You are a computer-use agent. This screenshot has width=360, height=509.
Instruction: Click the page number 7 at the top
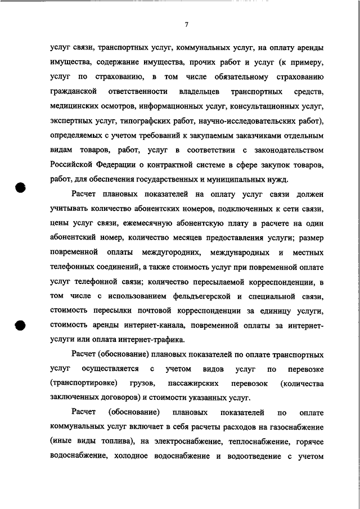[x=186, y=24]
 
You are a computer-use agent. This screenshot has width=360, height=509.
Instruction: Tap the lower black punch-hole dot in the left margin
[x=21, y=325]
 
